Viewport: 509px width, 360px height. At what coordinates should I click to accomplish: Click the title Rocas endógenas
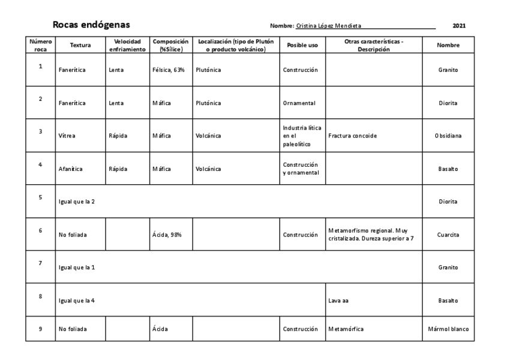coord(91,25)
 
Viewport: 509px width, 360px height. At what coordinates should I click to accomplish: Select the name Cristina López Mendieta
coord(329,26)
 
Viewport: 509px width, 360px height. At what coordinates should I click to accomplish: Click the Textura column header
coord(80,45)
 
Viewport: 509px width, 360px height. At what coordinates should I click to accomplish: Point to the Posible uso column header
coord(302,45)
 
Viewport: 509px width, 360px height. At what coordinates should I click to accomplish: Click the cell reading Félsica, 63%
coord(169,70)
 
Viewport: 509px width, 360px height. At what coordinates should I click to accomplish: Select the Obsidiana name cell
coord(448,136)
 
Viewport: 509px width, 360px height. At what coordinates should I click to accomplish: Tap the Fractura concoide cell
coord(353,136)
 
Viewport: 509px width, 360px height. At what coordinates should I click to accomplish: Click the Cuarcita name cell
coord(448,235)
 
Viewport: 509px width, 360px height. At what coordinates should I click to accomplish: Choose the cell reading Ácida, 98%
coord(168,235)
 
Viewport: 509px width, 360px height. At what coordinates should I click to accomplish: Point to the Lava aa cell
coord(339,301)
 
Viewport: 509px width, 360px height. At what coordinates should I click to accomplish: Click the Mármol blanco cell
coord(448,329)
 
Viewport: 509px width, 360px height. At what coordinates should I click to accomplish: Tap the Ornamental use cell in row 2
coord(300,103)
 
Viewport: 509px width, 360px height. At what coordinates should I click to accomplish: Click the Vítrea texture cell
coord(67,136)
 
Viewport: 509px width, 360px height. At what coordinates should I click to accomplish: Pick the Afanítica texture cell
coord(70,169)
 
